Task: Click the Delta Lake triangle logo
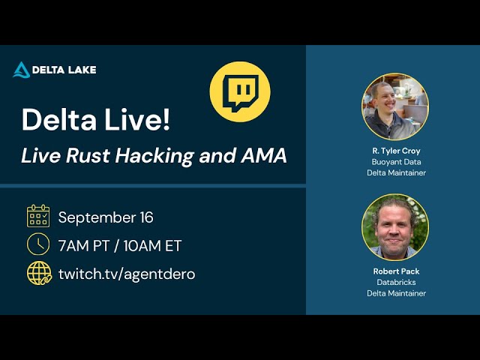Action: tap(21, 70)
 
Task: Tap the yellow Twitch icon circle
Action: tap(239, 92)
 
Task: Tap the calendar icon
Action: tap(38, 216)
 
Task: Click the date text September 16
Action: tap(106, 217)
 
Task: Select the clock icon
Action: tap(38, 244)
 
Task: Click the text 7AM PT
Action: tap(82, 246)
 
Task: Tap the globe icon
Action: tap(39, 273)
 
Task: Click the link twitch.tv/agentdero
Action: tap(127, 274)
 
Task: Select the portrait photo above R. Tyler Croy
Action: tap(394, 106)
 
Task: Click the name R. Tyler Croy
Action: tap(396, 151)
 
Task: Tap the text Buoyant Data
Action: tap(396, 161)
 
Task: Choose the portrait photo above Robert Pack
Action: tap(394, 226)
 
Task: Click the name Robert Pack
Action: tap(396, 271)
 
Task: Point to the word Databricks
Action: tap(396, 282)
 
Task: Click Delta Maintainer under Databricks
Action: tap(396, 293)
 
